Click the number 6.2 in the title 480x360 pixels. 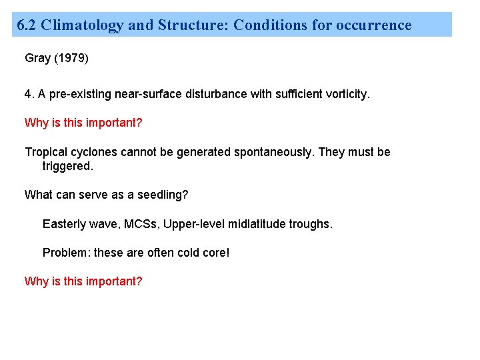click(x=26, y=25)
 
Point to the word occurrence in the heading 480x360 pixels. click(x=374, y=25)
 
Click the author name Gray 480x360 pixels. click(x=37, y=58)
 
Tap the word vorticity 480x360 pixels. click(x=345, y=94)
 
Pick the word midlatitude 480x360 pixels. click(x=256, y=224)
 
